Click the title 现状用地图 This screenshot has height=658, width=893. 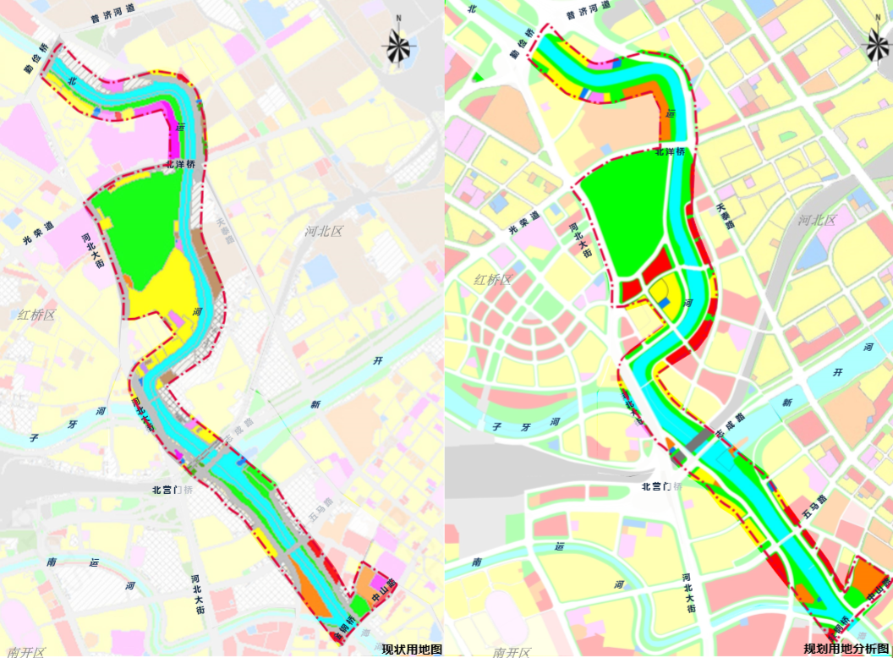point(412,650)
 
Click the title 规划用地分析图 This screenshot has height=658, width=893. point(847,650)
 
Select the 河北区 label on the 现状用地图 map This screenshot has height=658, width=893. point(324,231)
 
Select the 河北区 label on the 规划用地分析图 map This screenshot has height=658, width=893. point(817,221)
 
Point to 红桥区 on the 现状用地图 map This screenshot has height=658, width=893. point(36,315)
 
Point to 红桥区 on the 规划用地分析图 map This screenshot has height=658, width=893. point(493,280)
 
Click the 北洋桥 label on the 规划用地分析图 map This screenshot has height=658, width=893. point(671,152)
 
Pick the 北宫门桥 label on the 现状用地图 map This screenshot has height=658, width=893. point(173,490)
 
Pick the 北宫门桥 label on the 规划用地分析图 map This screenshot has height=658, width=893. point(662,486)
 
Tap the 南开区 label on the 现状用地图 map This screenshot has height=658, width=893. point(25,651)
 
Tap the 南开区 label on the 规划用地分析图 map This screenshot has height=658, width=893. point(511,651)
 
